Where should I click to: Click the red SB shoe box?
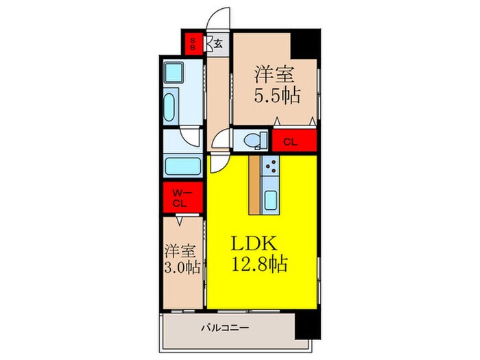[193, 44]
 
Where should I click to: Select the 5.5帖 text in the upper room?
[278, 95]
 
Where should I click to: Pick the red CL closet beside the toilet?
[290, 142]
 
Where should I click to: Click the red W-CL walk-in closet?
[180, 198]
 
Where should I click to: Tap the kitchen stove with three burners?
[270, 167]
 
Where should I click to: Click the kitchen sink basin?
[270, 200]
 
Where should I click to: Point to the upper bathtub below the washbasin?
[171, 106]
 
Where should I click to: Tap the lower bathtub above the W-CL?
[181, 167]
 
